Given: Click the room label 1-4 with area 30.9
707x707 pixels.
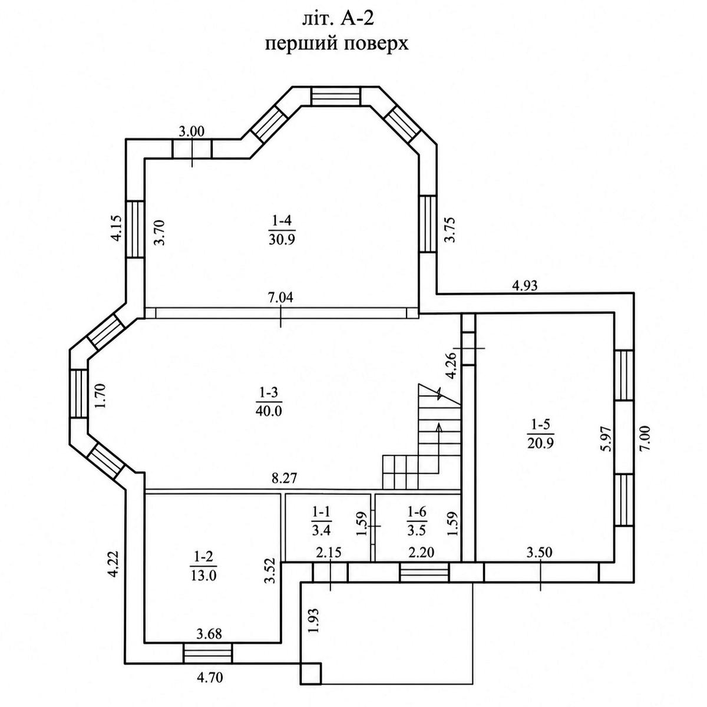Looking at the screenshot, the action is point(282,230).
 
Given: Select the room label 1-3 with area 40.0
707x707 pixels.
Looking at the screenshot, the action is point(269,402).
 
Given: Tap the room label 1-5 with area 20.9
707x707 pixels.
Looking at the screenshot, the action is point(540,434).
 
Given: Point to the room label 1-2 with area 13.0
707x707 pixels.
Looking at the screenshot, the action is point(204,566).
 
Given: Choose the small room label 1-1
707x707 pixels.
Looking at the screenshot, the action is point(322,521).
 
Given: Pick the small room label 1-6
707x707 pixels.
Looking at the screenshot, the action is point(417,521).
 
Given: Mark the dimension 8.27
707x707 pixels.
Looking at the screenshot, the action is point(284,478).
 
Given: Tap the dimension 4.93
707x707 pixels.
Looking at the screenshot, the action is point(525,285).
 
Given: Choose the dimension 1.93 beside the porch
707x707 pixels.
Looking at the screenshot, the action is point(314,621).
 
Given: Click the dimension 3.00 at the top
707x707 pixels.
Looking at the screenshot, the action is point(191,131).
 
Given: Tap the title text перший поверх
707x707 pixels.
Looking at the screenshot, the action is point(337,44).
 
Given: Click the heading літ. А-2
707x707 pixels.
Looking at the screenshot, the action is point(338,19).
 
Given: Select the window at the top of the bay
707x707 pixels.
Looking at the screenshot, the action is point(336,96).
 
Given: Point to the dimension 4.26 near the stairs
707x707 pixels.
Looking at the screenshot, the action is point(450,365).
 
